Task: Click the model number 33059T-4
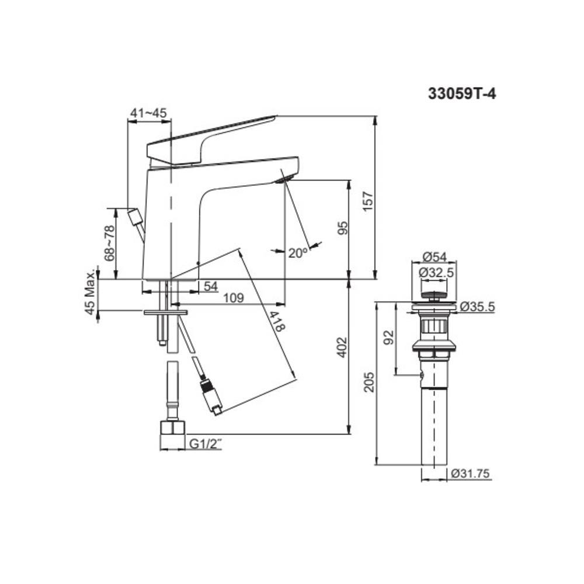[x=462, y=94]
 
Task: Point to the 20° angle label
[x=297, y=252]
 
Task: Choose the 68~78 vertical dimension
[x=109, y=243]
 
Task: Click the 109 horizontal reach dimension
[x=234, y=298]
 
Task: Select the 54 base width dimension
[x=210, y=286]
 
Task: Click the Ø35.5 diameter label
[x=477, y=305]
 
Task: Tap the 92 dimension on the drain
[x=391, y=337]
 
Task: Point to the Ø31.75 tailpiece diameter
[x=471, y=474]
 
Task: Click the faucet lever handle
[x=210, y=134]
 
